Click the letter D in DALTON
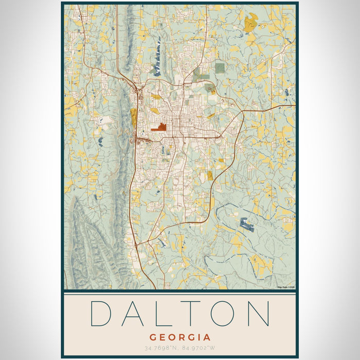coord(101,313)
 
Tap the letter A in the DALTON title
coord(134,313)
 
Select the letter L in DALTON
coord(165,313)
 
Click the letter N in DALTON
coord(258,313)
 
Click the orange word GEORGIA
coord(180,337)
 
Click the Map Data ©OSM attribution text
coord(286,287)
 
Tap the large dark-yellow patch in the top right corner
coord(250,22)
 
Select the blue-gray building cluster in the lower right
coord(247,224)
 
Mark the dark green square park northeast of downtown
coord(220,68)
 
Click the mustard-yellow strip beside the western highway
coord(134,117)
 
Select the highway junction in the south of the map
coord(140,242)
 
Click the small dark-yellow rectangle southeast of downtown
coord(210,176)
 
